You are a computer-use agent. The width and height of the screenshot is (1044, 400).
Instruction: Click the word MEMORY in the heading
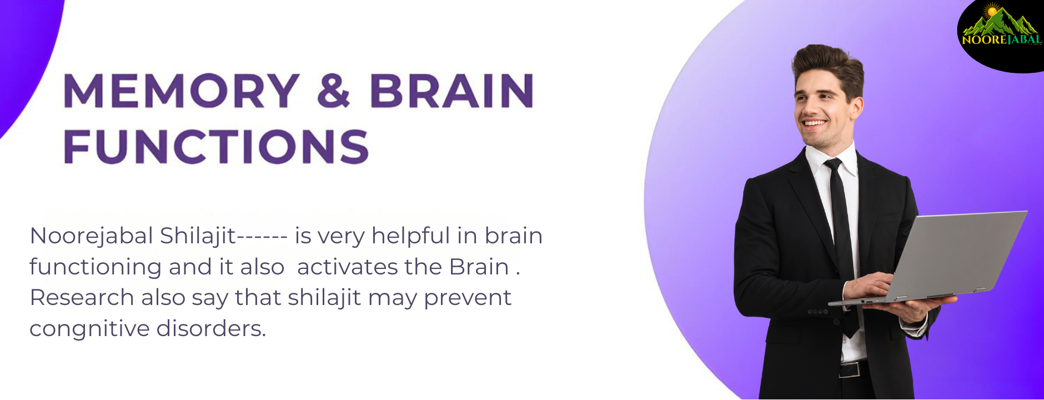tap(182, 90)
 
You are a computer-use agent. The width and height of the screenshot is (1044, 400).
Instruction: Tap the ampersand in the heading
tap(334, 90)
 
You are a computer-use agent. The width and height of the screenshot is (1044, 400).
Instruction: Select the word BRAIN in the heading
tap(451, 90)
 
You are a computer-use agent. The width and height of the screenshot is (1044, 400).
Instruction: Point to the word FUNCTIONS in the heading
tap(217, 147)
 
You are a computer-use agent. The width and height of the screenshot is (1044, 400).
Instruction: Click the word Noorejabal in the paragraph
tap(91, 236)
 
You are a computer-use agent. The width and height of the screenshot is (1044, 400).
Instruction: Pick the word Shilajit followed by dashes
tap(223, 236)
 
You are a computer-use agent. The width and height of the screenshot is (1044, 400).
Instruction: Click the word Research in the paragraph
tap(82, 298)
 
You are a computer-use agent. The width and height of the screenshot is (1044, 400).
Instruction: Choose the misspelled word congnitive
tap(89, 329)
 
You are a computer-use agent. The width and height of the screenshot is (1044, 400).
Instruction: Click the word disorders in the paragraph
tap(211, 328)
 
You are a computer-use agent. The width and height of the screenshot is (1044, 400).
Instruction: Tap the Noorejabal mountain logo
tap(1001, 26)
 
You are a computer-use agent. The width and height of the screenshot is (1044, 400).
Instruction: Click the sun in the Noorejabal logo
tap(992, 11)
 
